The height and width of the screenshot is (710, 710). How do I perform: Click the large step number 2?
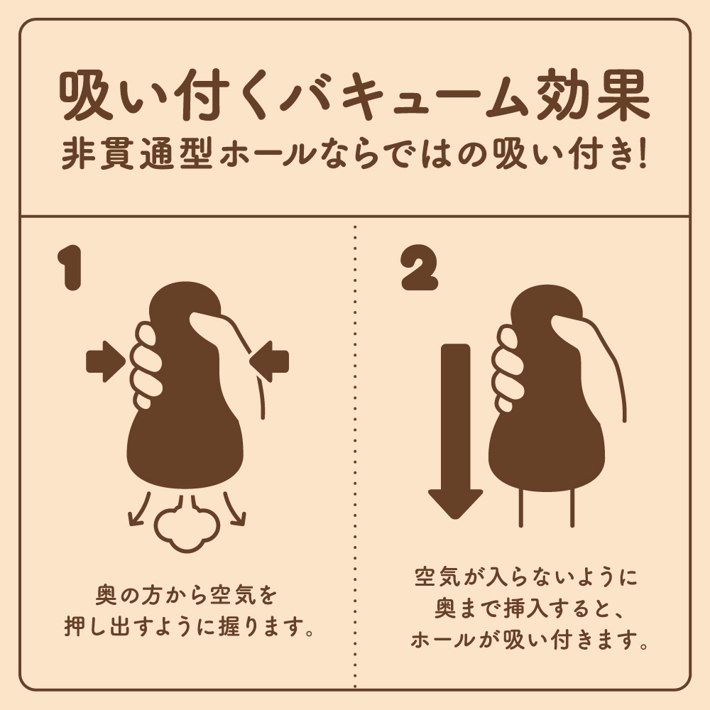point(420,268)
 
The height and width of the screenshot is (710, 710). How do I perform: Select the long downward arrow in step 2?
point(455,431)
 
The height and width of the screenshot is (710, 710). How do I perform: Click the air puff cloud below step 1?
point(187,526)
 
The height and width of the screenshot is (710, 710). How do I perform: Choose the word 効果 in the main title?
point(593,96)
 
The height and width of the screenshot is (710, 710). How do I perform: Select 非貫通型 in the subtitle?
point(137,155)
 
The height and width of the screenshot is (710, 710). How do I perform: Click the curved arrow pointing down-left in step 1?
point(138,510)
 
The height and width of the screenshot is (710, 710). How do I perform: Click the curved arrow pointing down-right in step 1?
point(234,510)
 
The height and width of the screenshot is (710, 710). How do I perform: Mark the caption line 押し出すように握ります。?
point(189,626)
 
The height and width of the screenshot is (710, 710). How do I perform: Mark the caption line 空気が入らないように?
point(526,577)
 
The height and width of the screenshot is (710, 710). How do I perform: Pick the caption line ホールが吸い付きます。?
point(530,640)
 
